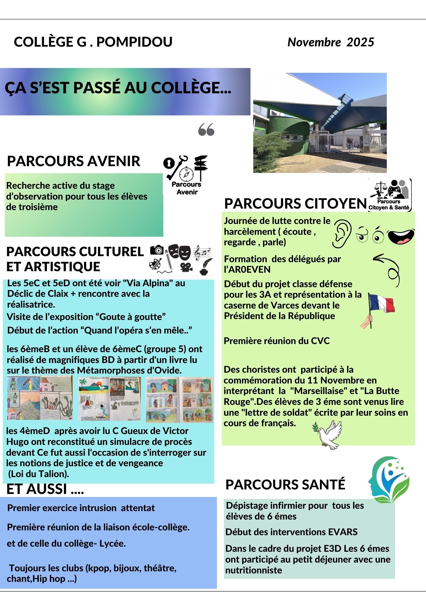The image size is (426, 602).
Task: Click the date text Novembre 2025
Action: [x=330, y=42]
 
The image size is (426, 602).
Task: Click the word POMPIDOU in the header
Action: [x=134, y=42]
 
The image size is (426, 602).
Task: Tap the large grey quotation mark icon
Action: [x=206, y=129]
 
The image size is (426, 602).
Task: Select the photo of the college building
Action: [x=320, y=123]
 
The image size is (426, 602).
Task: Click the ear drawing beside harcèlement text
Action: [x=342, y=233]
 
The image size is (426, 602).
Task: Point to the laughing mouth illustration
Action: [x=401, y=237]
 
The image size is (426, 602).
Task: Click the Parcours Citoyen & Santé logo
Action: [x=390, y=195]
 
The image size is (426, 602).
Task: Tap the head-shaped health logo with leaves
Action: [x=389, y=479]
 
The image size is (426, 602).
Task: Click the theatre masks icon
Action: [x=179, y=252]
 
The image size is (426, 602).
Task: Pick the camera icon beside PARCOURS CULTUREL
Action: [x=157, y=250]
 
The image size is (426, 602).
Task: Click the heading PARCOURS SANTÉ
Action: [x=285, y=485]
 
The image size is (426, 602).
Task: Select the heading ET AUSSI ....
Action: [x=45, y=489]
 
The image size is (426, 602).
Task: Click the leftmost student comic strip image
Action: [x=40, y=398]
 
